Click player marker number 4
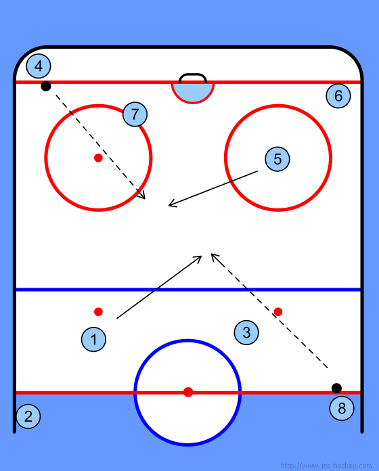click(x=39, y=66)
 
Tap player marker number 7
click(x=135, y=114)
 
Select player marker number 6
click(x=338, y=96)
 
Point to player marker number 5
click(x=277, y=159)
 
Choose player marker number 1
click(x=93, y=340)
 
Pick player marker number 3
click(x=246, y=332)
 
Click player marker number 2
click(x=28, y=416)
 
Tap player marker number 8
click(x=342, y=408)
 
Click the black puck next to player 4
click(x=46, y=86)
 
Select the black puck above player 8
click(x=336, y=388)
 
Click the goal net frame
click(x=193, y=74)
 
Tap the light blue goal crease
click(x=193, y=93)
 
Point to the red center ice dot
click(x=188, y=392)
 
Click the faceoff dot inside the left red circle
click(x=98, y=158)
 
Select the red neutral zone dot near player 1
click(x=98, y=312)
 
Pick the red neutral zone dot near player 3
click(x=278, y=312)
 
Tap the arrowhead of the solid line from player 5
click(x=172, y=204)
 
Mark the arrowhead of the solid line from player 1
click(x=198, y=259)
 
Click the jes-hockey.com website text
click(x=326, y=466)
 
